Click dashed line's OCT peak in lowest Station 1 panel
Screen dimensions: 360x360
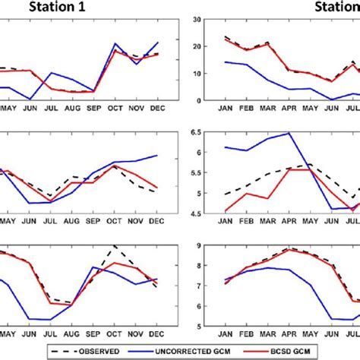pos(114,246)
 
